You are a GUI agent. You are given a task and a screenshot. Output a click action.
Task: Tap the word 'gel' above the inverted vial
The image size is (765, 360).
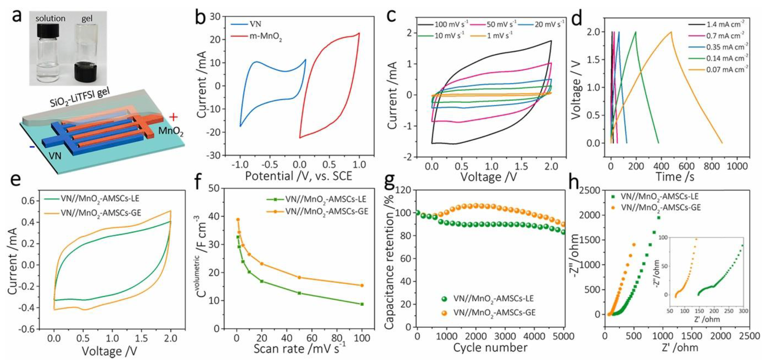(87, 18)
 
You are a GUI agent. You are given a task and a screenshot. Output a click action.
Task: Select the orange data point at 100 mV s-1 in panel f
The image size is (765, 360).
(362, 285)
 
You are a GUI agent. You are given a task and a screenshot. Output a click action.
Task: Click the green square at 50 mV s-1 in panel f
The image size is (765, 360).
(299, 293)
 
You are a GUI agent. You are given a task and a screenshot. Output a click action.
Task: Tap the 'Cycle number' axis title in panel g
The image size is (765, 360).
(490, 347)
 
